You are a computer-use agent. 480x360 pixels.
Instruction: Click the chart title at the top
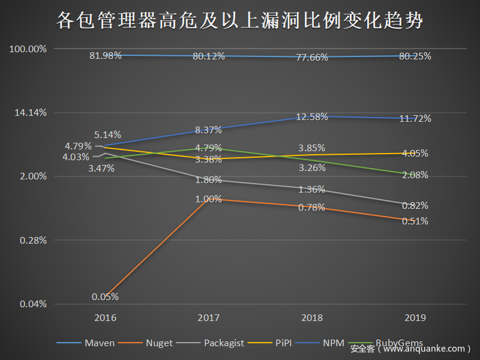pyautogui.click(x=240, y=21)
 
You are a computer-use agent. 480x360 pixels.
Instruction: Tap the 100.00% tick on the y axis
pyautogui.click(x=28, y=49)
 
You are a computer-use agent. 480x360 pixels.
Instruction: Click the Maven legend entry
pyautogui.click(x=99, y=343)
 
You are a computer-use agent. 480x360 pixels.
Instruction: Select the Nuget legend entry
pyautogui.click(x=159, y=343)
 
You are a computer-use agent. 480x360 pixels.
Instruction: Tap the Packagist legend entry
pyautogui.click(x=223, y=343)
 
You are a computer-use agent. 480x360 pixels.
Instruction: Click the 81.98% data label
pyautogui.click(x=106, y=55)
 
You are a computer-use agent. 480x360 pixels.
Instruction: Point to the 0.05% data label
pyautogui.click(x=105, y=296)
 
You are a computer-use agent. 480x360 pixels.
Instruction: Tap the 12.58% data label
pyautogui.click(x=312, y=116)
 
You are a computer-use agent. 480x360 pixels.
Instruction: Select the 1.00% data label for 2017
pyautogui.click(x=208, y=199)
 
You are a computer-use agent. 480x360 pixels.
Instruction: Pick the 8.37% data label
pyautogui.click(x=208, y=129)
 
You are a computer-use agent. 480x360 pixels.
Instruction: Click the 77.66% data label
pyautogui.click(x=312, y=58)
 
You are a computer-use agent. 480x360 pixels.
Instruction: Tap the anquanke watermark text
pyautogui.click(x=410, y=349)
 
